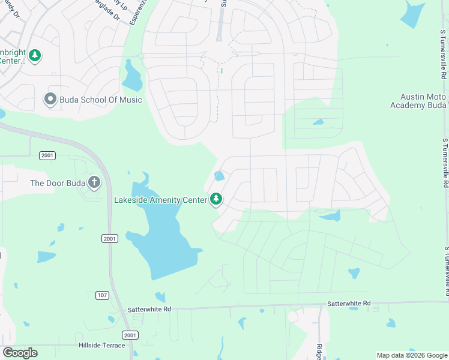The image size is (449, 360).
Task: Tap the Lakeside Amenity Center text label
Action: (x=161, y=199)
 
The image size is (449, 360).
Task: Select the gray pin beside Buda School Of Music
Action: (x=50, y=99)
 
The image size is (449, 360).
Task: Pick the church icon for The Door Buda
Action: (x=94, y=182)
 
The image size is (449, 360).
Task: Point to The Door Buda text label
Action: (x=58, y=182)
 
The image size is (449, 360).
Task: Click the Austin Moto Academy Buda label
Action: (x=423, y=101)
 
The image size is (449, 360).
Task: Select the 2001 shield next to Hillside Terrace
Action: (x=129, y=335)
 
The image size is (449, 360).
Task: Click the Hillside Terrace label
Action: (x=101, y=345)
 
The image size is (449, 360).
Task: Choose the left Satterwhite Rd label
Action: (x=149, y=309)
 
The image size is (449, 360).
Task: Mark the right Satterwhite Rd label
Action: (x=349, y=304)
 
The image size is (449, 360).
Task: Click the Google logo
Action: (x=20, y=353)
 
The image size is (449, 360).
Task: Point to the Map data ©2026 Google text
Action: (x=411, y=355)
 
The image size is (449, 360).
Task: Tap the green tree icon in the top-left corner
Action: (x=35, y=56)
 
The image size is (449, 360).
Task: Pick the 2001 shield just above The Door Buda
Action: (x=48, y=155)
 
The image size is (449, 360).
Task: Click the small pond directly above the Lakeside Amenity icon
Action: (x=219, y=176)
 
